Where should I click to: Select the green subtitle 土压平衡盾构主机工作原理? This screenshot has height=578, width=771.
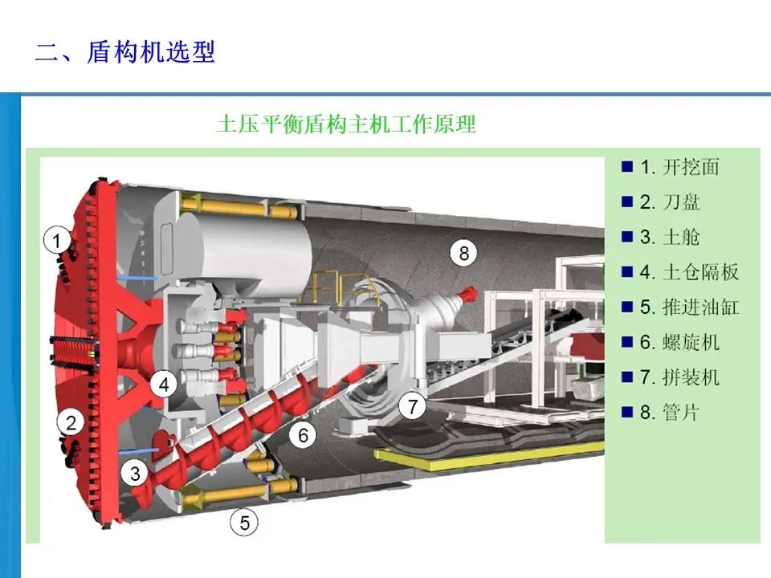[346, 124]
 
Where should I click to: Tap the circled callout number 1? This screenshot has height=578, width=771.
[57, 239]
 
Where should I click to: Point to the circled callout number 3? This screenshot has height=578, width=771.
[136, 473]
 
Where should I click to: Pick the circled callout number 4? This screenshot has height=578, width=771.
[164, 385]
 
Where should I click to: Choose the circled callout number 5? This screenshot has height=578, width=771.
[245, 524]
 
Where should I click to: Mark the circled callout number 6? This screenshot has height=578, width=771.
[303, 436]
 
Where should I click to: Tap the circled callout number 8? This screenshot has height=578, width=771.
[463, 254]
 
